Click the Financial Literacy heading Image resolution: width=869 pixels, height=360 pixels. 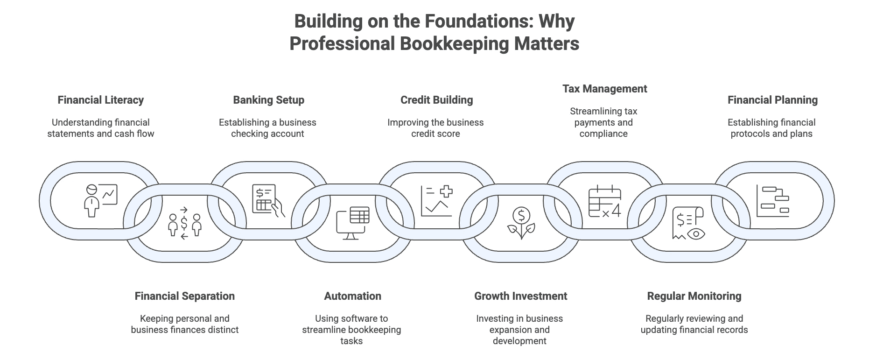100,100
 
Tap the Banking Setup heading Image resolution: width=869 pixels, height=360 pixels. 268,100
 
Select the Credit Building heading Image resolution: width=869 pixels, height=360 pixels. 436,100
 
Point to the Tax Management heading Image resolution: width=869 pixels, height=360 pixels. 604,89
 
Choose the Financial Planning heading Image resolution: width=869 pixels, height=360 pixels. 772,100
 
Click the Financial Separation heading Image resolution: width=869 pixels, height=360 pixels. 184,296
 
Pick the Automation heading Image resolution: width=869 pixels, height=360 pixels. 352,296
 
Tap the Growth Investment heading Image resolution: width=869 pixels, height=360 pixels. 520,296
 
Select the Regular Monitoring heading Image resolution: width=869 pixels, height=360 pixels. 694,296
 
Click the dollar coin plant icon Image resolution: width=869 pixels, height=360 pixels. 521,223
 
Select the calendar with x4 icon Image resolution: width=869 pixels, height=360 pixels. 604,202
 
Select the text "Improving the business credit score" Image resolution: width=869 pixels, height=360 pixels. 435,128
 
